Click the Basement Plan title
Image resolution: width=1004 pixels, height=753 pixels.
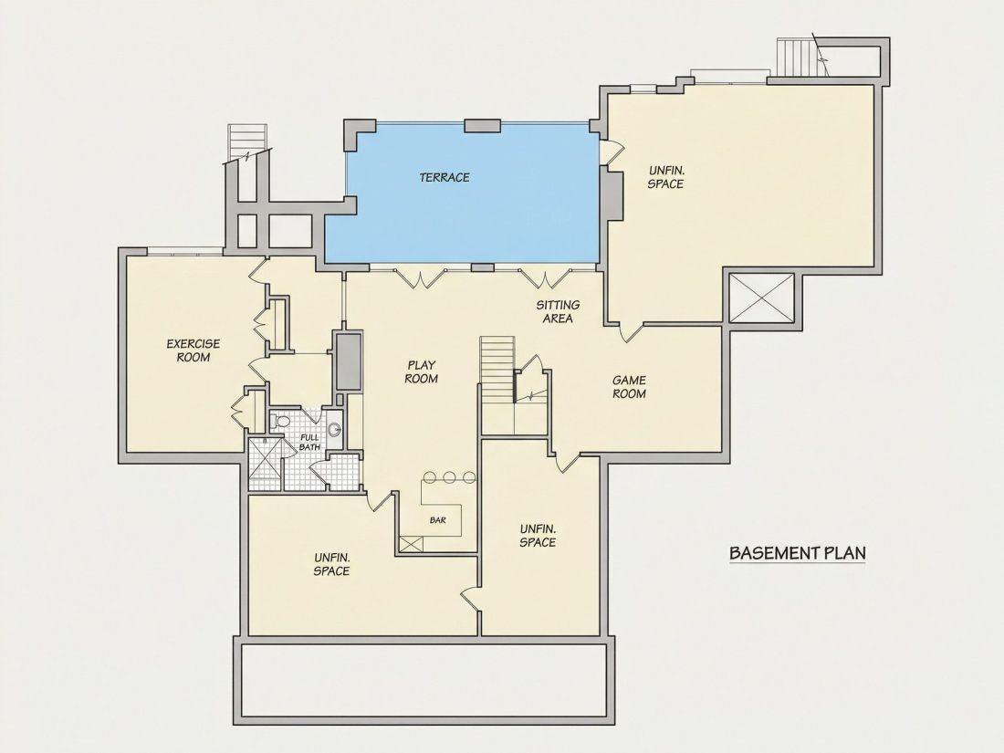click(x=797, y=552)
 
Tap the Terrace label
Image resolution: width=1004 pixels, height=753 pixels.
click(x=444, y=177)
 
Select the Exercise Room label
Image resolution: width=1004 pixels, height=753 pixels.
click(x=193, y=350)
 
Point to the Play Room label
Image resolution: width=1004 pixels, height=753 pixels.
click(x=422, y=371)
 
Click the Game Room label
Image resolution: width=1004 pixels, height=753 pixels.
click(x=629, y=387)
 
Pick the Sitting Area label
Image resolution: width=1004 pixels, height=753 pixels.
click(x=558, y=311)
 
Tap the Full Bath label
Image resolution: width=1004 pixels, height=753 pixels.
click(x=309, y=442)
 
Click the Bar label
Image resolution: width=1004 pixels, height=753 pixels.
click(x=438, y=520)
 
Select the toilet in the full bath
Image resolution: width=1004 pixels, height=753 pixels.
click(x=280, y=422)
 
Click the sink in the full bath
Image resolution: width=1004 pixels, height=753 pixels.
click(x=333, y=429)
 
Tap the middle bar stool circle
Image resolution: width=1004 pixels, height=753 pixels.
click(x=449, y=477)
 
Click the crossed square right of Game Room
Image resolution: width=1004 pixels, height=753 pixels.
click(x=762, y=298)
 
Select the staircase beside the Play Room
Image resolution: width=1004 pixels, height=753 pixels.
click(x=498, y=370)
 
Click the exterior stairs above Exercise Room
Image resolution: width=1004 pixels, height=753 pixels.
click(x=246, y=142)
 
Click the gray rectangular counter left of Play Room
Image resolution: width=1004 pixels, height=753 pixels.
click(x=349, y=361)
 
